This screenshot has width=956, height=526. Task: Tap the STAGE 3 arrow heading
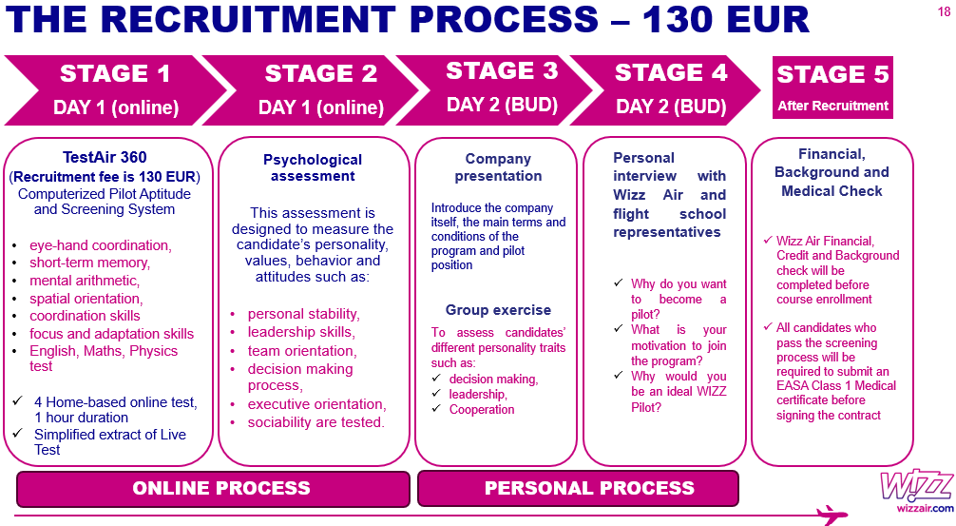[x=501, y=88]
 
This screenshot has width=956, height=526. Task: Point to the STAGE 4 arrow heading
[x=671, y=88]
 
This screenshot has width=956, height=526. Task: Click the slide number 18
[x=943, y=11]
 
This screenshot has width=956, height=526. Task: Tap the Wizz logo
[x=916, y=487]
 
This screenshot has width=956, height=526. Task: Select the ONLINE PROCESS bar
[x=221, y=488]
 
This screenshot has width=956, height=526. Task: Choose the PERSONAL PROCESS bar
[x=589, y=488]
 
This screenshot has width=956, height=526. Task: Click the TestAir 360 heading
[x=105, y=158]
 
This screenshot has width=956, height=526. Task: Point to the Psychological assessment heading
[x=313, y=167]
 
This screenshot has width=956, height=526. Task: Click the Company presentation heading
[x=498, y=167]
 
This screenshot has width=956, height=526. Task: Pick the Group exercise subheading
[x=498, y=310]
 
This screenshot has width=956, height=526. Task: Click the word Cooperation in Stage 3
[x=482, y=410]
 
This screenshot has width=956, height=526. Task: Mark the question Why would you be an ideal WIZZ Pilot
[x=678, y=392]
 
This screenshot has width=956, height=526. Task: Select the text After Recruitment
[x=832, y=106]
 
